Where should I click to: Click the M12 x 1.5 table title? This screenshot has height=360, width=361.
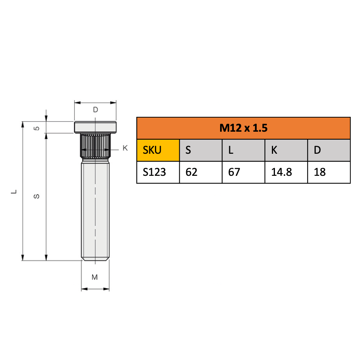[x=243, y=128]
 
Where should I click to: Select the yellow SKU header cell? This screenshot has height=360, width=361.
[x=158, y=150]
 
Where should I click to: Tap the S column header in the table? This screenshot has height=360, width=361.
[x=201, y=150]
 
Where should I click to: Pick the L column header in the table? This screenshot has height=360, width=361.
[x=243, y=150]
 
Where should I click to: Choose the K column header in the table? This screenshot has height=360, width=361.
[x=286, y=150]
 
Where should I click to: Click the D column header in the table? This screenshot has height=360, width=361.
[x=329, y=150]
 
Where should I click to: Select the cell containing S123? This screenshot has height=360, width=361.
[x=158, y=172]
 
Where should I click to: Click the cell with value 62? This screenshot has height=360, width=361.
[x=201, y=172]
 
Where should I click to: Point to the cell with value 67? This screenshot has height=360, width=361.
[x=243, y=172]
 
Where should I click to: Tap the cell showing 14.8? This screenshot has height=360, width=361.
[x=286, y=172]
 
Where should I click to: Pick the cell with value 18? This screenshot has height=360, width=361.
[x=329, y=172]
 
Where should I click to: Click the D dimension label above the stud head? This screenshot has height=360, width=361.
[x=96, y=110]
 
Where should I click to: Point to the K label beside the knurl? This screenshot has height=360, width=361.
[x=125, y=148]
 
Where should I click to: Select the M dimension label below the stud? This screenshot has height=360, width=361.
[x=95, y=277]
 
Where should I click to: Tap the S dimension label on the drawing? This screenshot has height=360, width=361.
[x=37, y=196]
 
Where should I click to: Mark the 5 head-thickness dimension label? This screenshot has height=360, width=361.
[x=37, y=128]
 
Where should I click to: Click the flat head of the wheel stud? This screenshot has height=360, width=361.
[x=95, y=126]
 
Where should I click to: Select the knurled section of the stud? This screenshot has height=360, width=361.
[x=95, y=147]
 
